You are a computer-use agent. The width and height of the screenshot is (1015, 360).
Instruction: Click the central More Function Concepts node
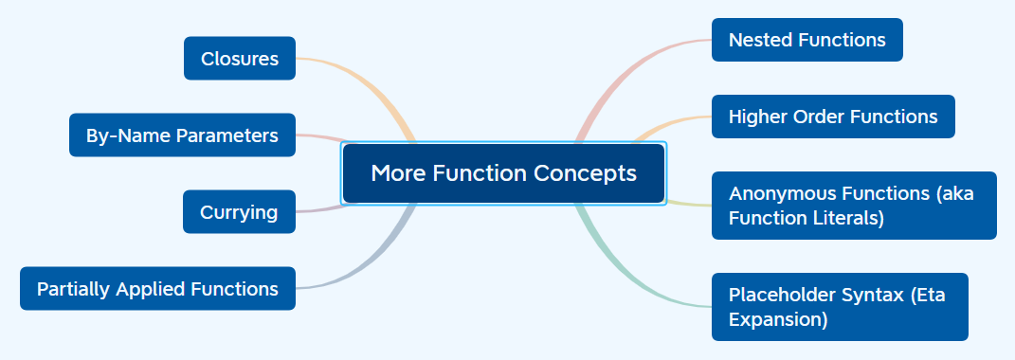503,173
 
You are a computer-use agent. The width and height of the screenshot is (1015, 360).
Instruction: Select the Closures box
240,59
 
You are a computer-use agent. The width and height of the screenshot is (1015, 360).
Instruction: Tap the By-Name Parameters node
182,135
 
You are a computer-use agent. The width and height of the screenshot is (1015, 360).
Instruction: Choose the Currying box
239,212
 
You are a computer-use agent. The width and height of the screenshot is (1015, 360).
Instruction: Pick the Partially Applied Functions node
157,289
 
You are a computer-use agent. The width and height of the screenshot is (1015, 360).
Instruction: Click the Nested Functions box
807,40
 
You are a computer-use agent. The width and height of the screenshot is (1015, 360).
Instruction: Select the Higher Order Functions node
832,117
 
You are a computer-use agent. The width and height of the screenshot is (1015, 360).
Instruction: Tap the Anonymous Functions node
853,206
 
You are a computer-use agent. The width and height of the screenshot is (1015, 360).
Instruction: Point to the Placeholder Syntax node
839,307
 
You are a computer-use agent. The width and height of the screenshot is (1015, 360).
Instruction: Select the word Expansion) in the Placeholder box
778,319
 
